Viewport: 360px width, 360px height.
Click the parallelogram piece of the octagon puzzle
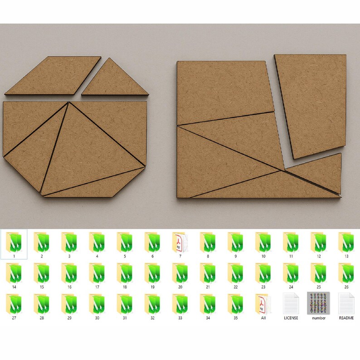pos(53,76)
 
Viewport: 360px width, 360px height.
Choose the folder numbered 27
pos(14,304)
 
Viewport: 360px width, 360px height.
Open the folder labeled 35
pos(236,304)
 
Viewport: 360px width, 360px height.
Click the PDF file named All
pos(263,304)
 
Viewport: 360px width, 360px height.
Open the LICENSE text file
pos(291,303)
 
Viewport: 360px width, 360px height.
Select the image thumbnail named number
pos(318,303)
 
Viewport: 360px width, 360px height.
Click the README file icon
pos(346,303)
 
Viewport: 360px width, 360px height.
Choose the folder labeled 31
pos(125,304)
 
